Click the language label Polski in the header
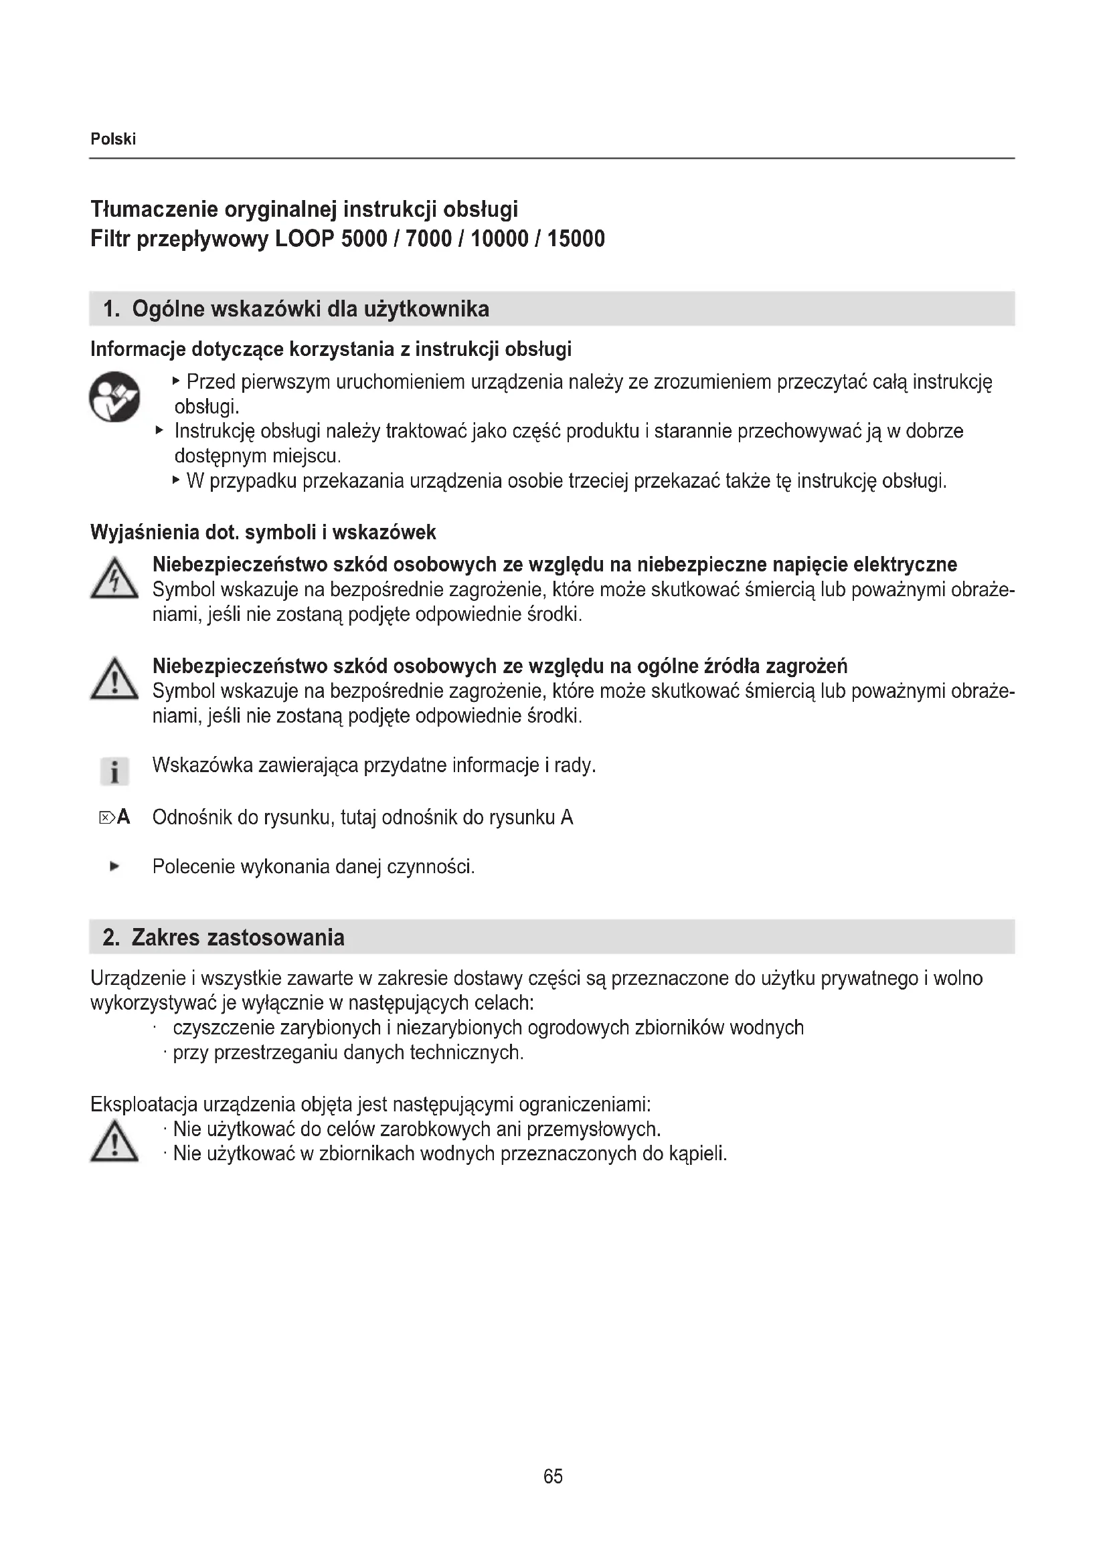113,139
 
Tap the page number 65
553,1476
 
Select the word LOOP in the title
305,240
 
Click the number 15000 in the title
576,240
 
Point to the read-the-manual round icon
114,397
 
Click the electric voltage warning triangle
114,579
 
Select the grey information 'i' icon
114,771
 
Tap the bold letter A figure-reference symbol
123,816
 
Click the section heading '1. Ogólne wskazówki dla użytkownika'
296,310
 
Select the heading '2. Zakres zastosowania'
224,937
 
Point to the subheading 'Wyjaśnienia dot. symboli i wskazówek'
263,533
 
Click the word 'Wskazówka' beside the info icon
202,765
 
